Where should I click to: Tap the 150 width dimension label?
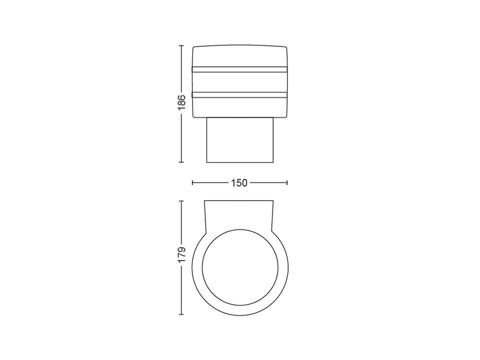pos(239,183)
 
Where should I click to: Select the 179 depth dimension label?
pos(182,254)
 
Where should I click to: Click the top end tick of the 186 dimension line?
pos(181,46)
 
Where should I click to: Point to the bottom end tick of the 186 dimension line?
pos(181,162)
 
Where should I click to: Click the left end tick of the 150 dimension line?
pos(192,183)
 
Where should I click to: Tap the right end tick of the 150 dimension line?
pos(287,183)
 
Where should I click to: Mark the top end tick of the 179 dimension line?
pos(181,201)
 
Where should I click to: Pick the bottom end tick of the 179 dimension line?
pos(181,314)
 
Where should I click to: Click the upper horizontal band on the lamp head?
pos(240,69)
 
